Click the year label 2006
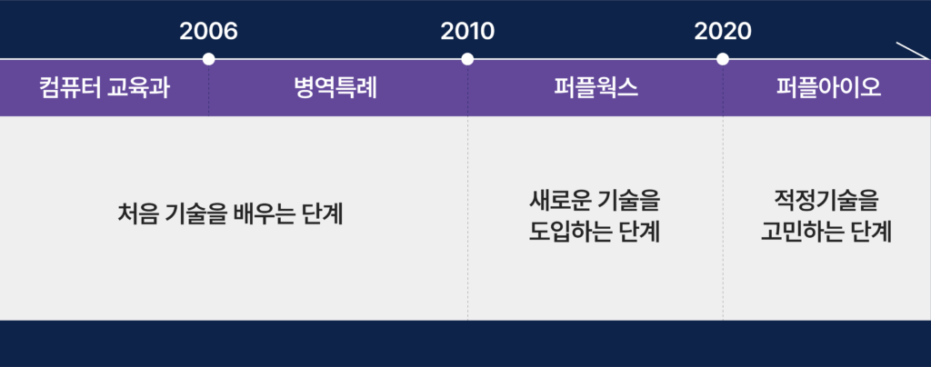[208, 32]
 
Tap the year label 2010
[467, 32]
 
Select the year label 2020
[723, 32]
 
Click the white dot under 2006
[208, 59]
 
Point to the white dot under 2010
[467, 59]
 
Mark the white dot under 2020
[723, 59]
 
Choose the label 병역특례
[335, 88]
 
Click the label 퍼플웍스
[596, 88]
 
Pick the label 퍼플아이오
[829, 88]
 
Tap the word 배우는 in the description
[266, 214]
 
